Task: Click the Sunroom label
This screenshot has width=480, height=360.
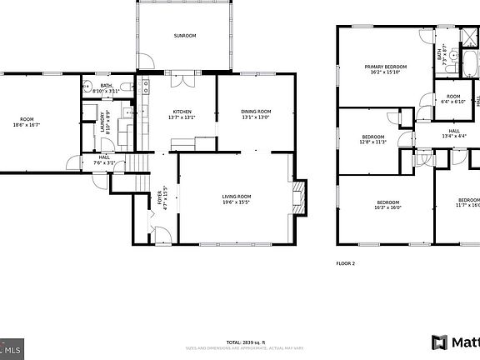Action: point(184,36)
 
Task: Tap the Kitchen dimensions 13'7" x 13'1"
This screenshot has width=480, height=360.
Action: point(183,117)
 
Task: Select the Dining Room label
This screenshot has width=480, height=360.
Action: point(256,112)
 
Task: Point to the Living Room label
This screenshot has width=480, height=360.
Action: point(237,197)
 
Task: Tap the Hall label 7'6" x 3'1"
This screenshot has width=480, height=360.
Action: point(104,159)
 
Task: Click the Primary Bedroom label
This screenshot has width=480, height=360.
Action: point(384,67)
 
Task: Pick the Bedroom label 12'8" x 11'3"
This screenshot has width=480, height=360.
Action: point(372,138)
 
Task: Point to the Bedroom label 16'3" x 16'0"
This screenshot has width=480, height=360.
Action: point(387,204)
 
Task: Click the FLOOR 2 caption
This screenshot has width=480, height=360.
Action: point(345,262)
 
